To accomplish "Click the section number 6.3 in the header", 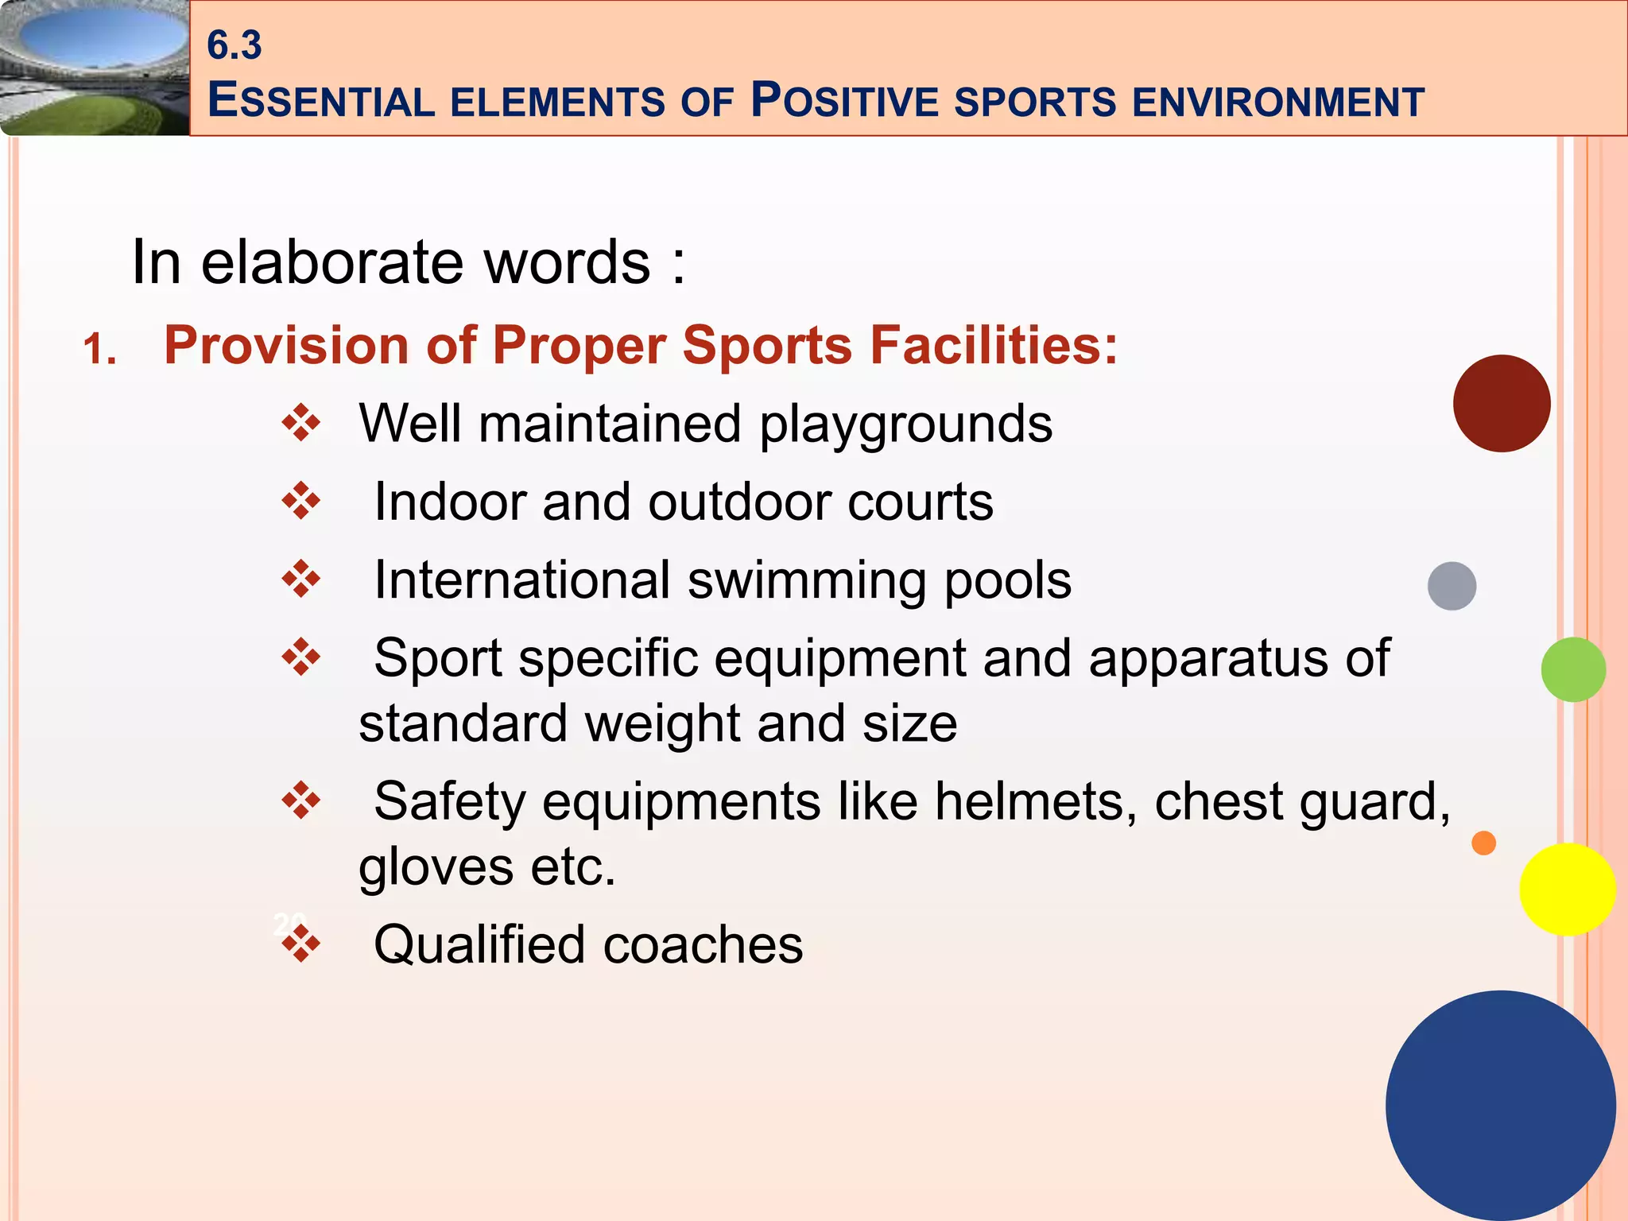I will point(234,45).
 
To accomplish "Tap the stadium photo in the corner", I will point(94,68).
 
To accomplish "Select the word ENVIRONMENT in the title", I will point(1277,103).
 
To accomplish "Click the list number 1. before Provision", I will point(100,350).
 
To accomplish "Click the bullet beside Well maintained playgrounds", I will point(301,423).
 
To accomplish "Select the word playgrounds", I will point(906,424).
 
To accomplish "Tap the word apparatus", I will point(1207,659).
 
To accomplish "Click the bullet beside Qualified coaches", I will point(301,944).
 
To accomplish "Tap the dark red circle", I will point(1501,404).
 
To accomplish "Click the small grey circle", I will point(1452,586).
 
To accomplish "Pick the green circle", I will point(1572,669).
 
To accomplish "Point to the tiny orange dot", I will point(1483,843).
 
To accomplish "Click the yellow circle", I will point(1567,889).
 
